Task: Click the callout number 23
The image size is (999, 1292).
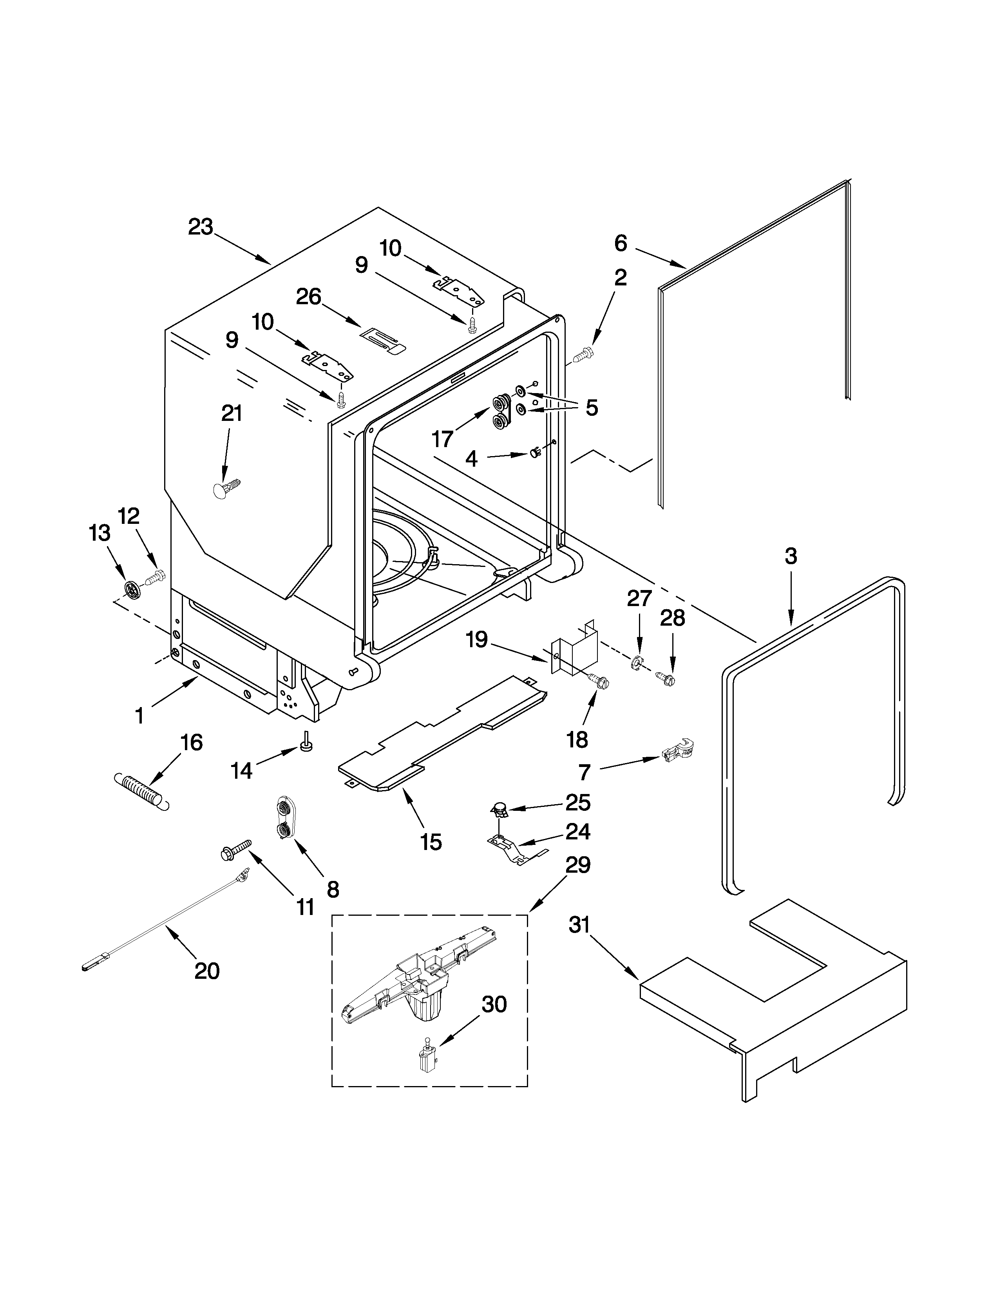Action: (x=201, y=227)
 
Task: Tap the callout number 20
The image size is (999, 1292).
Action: (x=207, y=971)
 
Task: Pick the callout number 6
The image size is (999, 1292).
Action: (x=620, y=243)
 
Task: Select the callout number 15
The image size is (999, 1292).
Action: (x=431, y=841)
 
